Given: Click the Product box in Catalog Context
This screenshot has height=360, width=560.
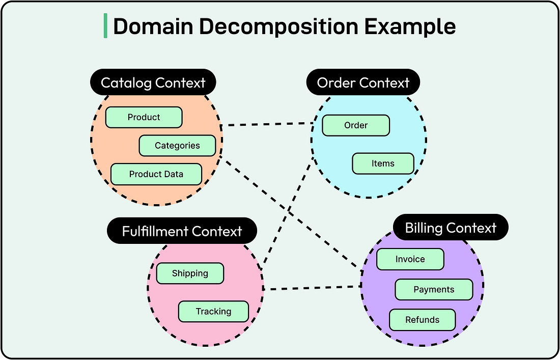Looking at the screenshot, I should pyautogui.click(x=144, y=117).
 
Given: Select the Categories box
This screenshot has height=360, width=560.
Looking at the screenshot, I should pyautogui.click(x=177, y=146).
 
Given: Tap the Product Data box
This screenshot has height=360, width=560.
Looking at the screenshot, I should pyautogui.click(x=156, y=174).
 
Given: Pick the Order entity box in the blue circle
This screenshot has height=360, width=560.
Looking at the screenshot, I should pyautogui.click(x=356, y=125).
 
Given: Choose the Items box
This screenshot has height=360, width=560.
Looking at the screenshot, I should pyautogui.click(x=383, y=163).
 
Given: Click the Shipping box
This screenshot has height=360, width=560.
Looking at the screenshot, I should pyautogui.click(x=190, y=273).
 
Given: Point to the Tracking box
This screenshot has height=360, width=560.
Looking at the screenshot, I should pyautogui.click(x=213, y=312).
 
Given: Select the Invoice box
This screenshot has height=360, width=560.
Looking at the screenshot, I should pyautogui.click(x=410, y=259).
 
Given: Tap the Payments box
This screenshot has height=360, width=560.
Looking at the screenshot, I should pyautogui.click(x=434, y=290).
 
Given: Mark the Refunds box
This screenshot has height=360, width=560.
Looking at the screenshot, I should pyautogui.click(x=422, y=320).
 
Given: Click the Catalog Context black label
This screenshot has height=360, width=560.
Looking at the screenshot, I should pyautogui.click(x=153, y=82).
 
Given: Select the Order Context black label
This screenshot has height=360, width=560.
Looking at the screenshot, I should pyautogui.click(x=363, y=82).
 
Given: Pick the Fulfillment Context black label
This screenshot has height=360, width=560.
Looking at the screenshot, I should pyautogui.click(x=182, y=231).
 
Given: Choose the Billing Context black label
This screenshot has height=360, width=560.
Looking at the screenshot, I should pyautogui.click(x=451, y=228).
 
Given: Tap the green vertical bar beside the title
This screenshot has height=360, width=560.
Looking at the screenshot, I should pyautogui.click(x=105, y=26).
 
